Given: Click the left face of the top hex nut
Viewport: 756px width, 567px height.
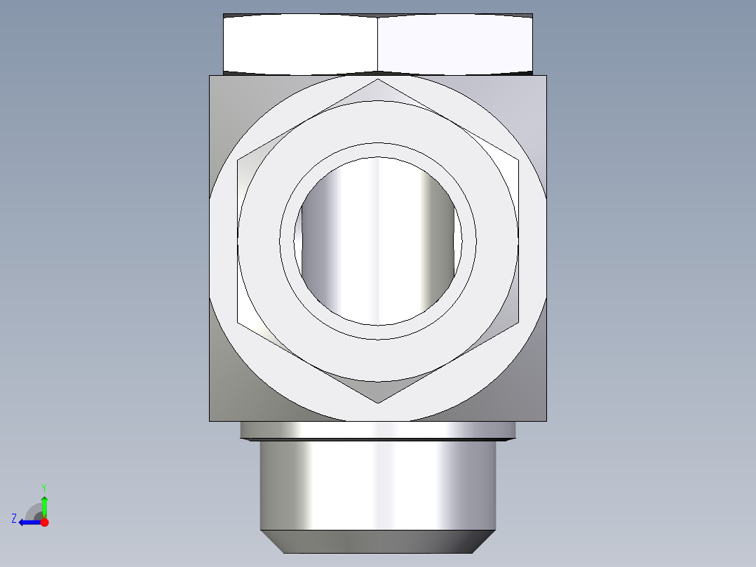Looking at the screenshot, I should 300,44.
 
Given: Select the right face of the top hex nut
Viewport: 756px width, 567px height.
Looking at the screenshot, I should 454,44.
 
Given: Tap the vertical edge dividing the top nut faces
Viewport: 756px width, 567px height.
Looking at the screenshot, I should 378,44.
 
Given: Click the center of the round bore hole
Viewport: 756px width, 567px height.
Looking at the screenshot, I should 378,240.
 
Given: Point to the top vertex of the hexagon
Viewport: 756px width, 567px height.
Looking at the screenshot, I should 378,79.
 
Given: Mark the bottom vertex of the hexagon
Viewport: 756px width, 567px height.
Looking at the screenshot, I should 378,403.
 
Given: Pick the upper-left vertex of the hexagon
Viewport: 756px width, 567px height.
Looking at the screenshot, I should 238,159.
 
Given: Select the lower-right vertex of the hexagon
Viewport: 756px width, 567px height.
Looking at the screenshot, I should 518,322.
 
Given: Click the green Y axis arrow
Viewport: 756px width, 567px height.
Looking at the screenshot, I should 44,504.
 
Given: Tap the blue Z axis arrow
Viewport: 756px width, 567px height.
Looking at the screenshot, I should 27,522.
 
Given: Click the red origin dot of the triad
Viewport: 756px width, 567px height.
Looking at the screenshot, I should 44,522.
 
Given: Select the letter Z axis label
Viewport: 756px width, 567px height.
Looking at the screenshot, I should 14,519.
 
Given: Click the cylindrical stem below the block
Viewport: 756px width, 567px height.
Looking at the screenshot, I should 378,484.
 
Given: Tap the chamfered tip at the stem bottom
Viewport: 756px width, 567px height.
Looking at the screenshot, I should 378,541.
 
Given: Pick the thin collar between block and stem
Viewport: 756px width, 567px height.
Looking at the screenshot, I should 378,429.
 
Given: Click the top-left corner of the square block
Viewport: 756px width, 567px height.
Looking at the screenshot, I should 210,76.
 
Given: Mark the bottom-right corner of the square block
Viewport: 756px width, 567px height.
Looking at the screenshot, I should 546,421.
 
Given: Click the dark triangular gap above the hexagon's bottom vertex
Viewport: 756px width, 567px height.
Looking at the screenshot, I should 378,390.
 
